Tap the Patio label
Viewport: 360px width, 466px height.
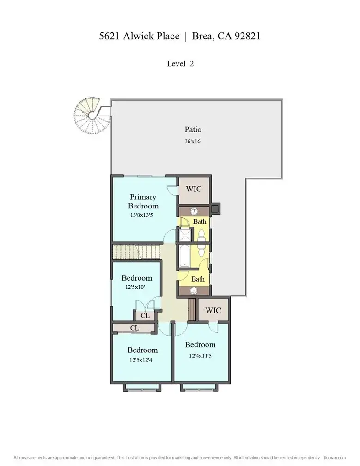coord(193,129)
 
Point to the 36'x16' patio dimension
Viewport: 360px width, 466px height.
coord(193,141)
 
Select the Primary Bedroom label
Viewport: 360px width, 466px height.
coord(143,202)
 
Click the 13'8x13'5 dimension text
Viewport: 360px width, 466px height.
coord(143,215)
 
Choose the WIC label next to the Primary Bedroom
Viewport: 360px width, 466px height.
coord(194,190)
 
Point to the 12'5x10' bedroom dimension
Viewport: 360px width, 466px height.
coord(136,287)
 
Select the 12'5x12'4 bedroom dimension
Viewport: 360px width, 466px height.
coord(142,359)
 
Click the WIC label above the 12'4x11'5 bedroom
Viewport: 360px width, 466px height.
coord(213,310)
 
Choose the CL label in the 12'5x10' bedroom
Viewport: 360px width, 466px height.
coord(145,316)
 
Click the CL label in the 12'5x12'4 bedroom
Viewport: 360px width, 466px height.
coord(134,328)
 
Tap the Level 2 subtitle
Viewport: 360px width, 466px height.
coord(180,64)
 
